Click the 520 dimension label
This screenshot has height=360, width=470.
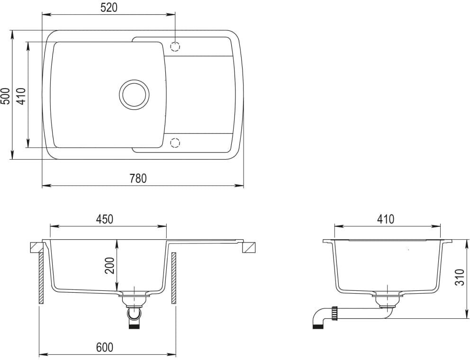coord(108,7)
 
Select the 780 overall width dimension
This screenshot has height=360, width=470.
coord(138,179)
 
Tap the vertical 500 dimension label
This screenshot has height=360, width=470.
coord(5,96)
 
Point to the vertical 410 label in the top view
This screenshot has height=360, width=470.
coord(21,96)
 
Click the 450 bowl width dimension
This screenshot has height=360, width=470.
coord(105,219)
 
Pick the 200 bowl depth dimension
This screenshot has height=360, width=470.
coord(110,266)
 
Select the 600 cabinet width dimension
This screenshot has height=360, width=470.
coord(105,347)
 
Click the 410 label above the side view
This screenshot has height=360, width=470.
coord(386,219)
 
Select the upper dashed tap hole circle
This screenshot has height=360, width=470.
coord(175,46)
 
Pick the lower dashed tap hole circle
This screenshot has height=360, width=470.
coord(175,142)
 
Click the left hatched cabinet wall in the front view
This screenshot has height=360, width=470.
coord(41,278)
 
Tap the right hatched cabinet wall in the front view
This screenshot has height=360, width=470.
coord(174,278)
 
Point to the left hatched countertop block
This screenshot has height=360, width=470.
coord(36,247)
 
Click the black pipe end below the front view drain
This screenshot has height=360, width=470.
coord(135,326)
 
